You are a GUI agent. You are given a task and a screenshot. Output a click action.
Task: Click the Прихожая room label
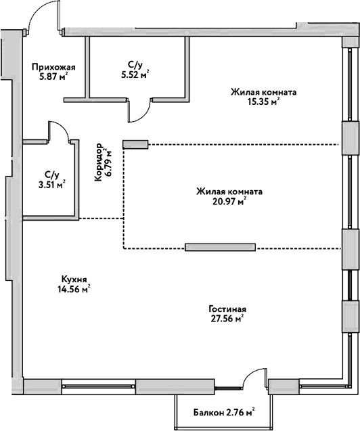[53, 67]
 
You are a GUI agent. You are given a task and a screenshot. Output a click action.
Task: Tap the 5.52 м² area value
[135, 74]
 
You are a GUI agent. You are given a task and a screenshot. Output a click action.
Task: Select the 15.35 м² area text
[263, 102]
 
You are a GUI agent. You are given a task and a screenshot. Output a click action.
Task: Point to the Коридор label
[98, 162]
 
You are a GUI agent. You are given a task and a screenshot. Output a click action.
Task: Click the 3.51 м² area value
[52, 185]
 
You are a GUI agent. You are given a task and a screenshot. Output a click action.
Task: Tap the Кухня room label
[74, 279]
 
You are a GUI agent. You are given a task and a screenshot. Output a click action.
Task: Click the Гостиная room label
[227, 309]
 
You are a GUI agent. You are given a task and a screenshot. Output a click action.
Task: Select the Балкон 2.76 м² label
[224, 412]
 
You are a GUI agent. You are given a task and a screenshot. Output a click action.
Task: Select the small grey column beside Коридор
[135, 144]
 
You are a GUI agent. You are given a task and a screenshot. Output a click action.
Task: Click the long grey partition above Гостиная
[221, 247]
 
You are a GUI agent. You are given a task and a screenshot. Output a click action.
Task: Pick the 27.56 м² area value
[227, 318]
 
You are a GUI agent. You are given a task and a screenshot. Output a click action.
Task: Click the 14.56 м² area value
[74, 289]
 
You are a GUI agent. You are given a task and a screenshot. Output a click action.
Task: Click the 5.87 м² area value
[53, 76]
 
